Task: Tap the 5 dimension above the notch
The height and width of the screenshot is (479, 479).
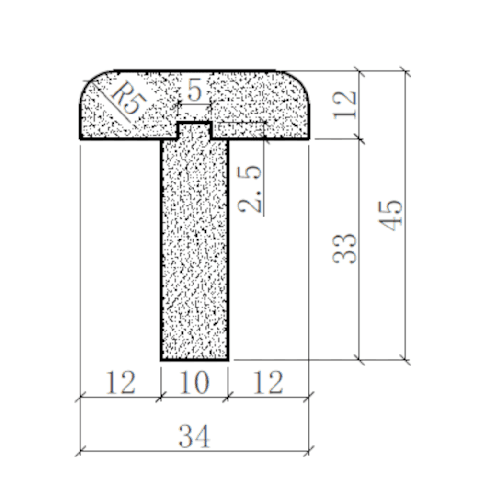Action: tap(194, 90)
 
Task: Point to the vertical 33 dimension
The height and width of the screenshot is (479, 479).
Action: tap(346, 249)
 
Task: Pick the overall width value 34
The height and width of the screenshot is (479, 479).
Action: tap(194, 437)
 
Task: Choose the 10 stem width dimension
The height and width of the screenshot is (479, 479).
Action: tap(194, 383)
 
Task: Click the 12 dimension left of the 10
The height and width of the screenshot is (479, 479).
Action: tap(120, 383)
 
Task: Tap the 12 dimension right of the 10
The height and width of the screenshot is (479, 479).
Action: tap(268, 383)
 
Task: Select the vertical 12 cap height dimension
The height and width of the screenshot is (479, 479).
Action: tap(346, 105)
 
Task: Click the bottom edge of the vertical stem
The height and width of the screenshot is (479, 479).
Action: tap(194, 359)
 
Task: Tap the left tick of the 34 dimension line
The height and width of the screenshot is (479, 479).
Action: tap(80, 450)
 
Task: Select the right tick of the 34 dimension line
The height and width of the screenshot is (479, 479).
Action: tap(310, 450)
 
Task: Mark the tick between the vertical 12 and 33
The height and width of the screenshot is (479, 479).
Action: tap(359, 139)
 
